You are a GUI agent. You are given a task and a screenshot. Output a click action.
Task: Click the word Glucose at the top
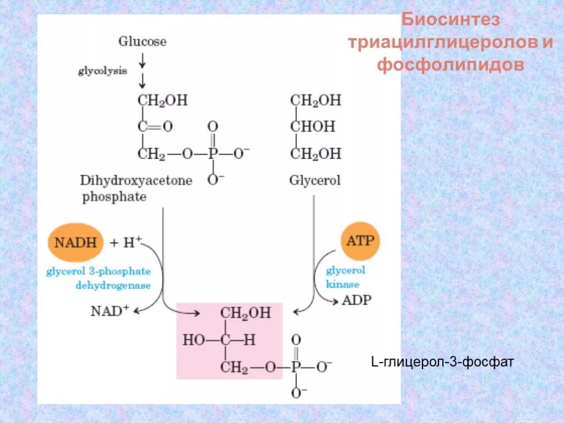[x=142, y=41]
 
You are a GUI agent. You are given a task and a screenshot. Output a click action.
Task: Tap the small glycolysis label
[x=102, y=71]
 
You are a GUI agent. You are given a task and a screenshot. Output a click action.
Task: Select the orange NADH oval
[x=75, y=242]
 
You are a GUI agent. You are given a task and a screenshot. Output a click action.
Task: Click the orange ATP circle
[x=360, y=241]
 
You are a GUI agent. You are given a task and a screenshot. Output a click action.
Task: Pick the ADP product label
[x=357, y=300]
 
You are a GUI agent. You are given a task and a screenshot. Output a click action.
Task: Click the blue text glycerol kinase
[x=345, y=277]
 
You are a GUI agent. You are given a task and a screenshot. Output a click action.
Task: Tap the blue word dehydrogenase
[x=113, y=285]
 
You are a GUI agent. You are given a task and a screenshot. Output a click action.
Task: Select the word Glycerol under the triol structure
[x=315, y=180]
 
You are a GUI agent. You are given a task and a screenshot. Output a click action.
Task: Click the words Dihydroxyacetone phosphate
[x=136, y=188]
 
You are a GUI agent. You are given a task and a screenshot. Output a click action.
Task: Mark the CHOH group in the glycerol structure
[x=313, y=127]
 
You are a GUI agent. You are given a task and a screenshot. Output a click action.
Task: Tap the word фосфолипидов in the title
[x=450, y=64]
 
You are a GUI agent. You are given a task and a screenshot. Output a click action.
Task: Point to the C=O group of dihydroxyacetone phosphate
[x=155, y=127]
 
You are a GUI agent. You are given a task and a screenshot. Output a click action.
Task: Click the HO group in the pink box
[x=193, y=340]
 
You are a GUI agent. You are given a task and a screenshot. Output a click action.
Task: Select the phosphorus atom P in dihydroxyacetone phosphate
[x=213, y=154]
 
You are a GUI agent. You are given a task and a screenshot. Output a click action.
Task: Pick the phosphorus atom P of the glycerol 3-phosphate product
[x=296, y=366]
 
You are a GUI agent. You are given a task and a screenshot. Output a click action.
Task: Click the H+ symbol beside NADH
[x=132, y=242]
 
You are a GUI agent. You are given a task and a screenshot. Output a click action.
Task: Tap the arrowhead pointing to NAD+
[x=137, y=311]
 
